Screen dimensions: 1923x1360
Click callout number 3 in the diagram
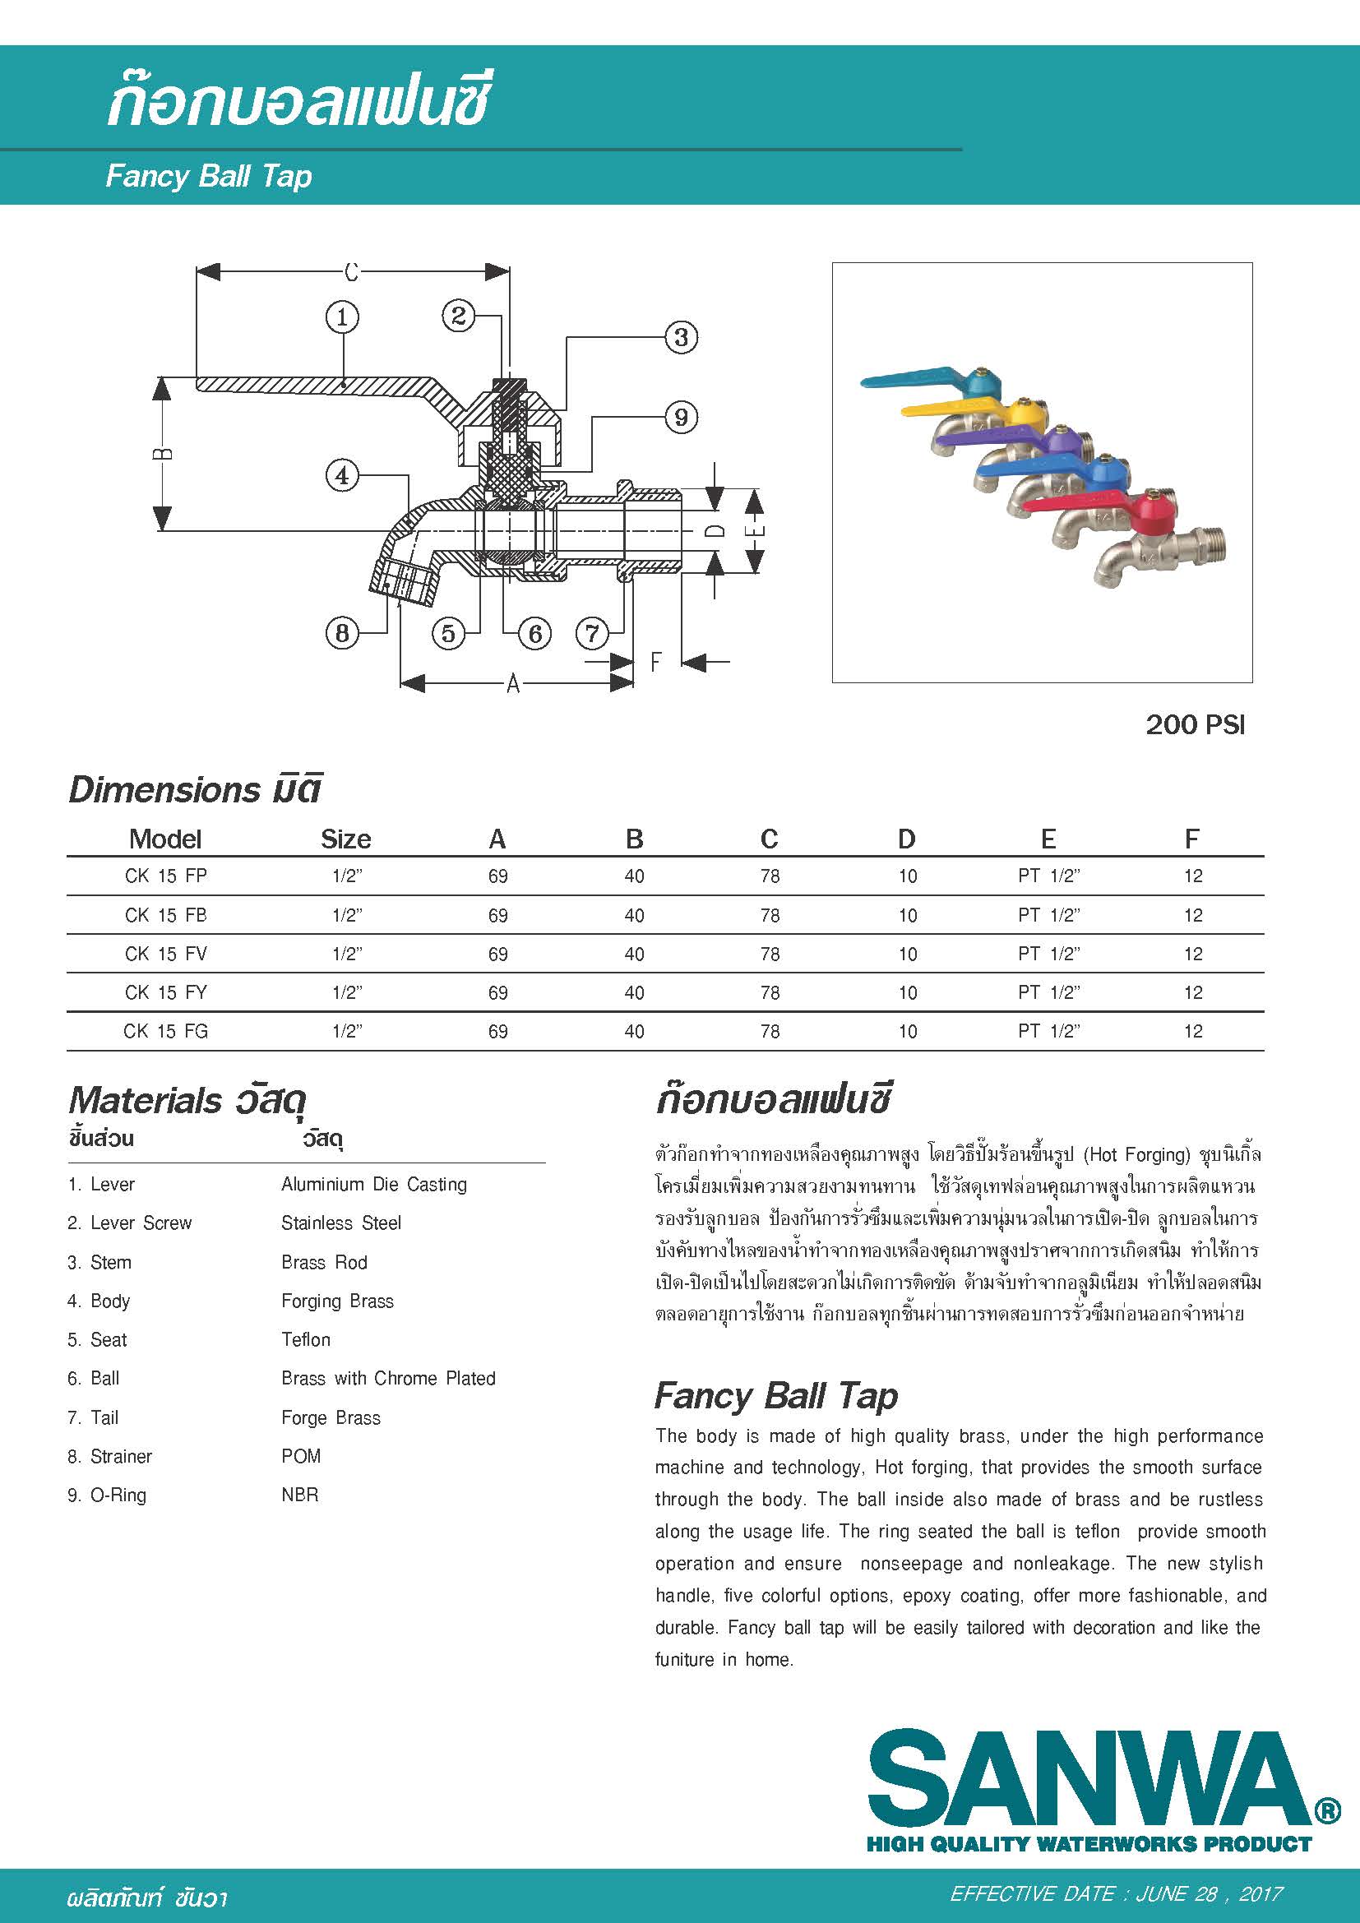coord(681,338)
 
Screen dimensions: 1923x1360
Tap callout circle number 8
coord(342,633)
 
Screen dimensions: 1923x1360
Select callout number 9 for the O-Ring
coord(681,417)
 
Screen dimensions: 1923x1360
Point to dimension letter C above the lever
coord(352,272)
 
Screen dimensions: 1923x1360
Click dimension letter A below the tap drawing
coord(513,684)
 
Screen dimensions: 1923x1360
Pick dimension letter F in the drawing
coord(655,663)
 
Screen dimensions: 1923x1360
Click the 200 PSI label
coord(1195,724)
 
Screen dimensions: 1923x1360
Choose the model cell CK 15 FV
coord(166,954)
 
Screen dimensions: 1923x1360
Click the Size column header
coord(346,839)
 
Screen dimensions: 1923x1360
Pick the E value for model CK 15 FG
coord(1048,1032)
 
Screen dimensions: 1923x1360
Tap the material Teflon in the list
coord(306,1340)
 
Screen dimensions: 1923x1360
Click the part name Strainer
coord(121,1457)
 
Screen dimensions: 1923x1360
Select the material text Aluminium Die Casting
coord(373,1184)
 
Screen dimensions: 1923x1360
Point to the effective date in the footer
coord(1117,1894)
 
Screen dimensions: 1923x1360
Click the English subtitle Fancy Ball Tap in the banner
coord(209,177)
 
